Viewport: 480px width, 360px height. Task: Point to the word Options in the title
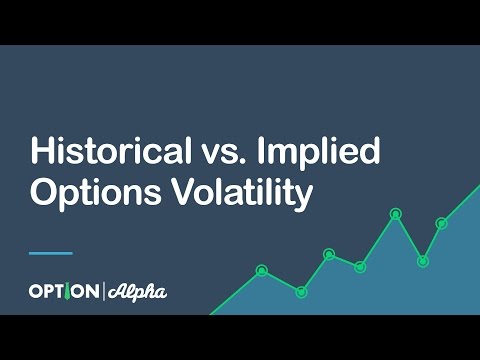(88, 193)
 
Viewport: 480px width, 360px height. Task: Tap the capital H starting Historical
(41, 152)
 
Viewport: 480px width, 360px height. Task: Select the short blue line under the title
(51, 252)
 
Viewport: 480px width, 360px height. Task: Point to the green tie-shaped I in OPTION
(71, 292)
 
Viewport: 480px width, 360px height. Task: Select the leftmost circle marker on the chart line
(262, 270)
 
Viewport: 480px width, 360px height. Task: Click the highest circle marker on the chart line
(395, 213)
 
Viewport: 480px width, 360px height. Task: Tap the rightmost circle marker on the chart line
(441, 223)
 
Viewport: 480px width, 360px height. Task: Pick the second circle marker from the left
(301, 291)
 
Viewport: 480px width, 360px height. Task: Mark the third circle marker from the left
(329, 254)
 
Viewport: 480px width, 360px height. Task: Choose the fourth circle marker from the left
(360, 266)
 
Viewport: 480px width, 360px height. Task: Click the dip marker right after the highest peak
(423, 261)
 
